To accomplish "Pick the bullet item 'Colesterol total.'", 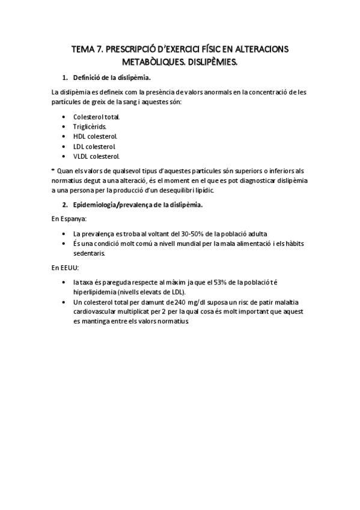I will (x=96, y=116).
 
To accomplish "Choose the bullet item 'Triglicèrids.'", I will (x=90, y=126).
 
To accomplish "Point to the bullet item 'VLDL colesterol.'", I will (x=96, y=156).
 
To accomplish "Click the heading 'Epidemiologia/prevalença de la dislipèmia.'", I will (x=138, y=204).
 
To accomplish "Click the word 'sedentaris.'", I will (x=90, y=253).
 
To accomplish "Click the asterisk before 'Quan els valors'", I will (x=53, y=170).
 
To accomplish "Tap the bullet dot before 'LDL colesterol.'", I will (x=64, y=146).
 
